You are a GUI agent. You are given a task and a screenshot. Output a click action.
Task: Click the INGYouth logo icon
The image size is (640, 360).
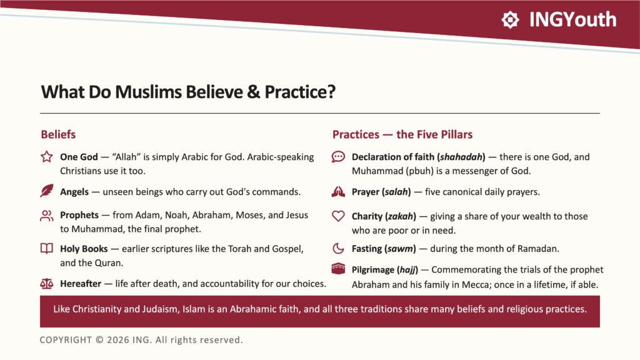pos(510,19)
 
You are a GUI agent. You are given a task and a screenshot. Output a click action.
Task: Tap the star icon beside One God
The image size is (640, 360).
pos(46,157)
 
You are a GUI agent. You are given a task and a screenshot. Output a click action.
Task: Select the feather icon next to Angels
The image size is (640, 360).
pos(46,191)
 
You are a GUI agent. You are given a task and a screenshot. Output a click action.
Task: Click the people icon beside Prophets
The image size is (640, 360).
pos(46,216)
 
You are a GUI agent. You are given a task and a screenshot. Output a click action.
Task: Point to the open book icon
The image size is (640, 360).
pos(46,248)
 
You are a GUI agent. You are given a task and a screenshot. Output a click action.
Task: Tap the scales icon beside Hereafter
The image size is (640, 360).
pos(46,283)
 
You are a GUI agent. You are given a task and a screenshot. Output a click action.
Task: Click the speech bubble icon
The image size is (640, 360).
pos(338,157)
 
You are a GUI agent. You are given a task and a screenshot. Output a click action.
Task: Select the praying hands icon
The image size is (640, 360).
pos(338,191)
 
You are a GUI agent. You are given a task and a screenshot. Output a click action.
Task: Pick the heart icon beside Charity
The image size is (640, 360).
pos(338,216)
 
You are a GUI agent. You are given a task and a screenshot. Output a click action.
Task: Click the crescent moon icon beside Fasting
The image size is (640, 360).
pos(338,248)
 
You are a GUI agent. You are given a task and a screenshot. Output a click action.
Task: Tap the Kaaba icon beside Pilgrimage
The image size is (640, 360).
pos(338,269)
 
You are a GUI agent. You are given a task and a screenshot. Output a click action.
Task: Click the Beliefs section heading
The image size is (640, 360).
pos(58,134)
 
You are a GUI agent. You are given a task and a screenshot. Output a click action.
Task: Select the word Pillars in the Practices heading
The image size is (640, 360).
pos(456,134)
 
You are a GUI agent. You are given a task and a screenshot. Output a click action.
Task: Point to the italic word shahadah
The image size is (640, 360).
pos(462,157)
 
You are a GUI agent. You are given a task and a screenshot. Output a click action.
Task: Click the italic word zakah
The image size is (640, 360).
pos(401,216)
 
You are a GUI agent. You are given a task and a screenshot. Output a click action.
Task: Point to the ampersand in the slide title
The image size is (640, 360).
pos(253,92)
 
